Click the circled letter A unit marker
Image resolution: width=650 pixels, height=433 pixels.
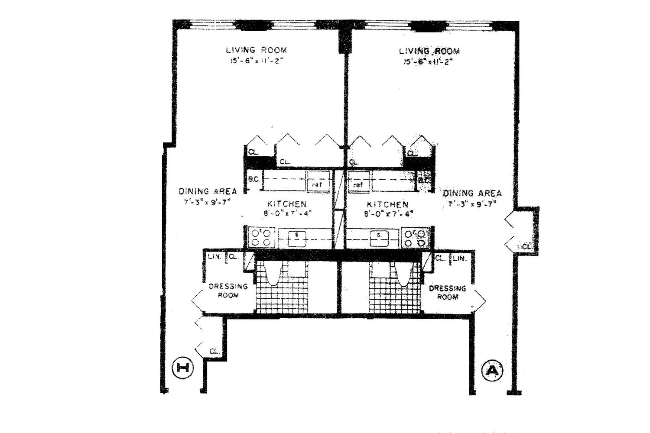493,370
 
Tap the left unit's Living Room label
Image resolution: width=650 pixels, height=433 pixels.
256,50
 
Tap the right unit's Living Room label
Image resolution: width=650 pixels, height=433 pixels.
429,51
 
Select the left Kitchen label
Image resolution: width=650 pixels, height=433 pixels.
286,204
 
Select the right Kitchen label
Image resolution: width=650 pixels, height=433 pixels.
387,204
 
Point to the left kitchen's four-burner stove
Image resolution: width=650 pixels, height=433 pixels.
262,237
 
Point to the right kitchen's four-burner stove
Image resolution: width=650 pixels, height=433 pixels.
415,238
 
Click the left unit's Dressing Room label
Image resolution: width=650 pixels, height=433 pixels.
228,291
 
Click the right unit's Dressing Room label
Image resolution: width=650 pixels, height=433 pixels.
447,292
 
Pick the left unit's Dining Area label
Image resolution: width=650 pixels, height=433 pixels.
208,191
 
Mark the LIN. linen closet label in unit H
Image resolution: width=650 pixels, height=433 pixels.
214,256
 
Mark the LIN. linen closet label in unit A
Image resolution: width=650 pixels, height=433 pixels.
459,258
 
